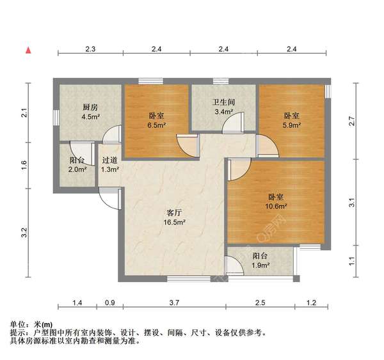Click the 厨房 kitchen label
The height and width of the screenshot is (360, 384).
tap(90, 107)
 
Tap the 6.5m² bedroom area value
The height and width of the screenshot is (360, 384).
tap(157, 125)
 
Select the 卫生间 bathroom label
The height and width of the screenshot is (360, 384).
tap(224, 102)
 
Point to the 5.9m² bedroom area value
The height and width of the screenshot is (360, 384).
tap(292, 125)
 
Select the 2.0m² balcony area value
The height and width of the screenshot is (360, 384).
tap(77, 169)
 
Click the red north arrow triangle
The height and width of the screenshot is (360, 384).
tap(28, 49)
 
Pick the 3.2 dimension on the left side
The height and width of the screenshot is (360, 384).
tap(24, 233)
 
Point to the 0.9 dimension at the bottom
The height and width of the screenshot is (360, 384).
tap(110, 302)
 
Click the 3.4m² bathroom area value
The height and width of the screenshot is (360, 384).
tap(224, 113)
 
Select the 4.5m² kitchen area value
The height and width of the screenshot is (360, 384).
tap(90, 117)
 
